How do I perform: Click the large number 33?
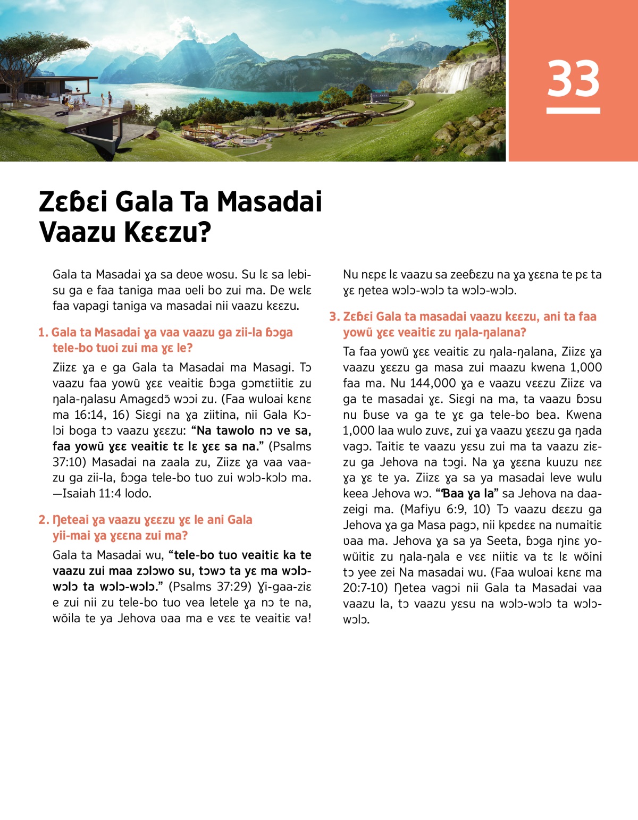point(573,79)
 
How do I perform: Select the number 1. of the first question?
point(43,333)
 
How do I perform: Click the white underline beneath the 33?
point(573,111)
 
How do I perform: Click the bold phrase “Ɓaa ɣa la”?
point(466,493)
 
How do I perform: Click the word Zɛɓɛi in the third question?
point(357,317)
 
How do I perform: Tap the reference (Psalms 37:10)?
point(290,446)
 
